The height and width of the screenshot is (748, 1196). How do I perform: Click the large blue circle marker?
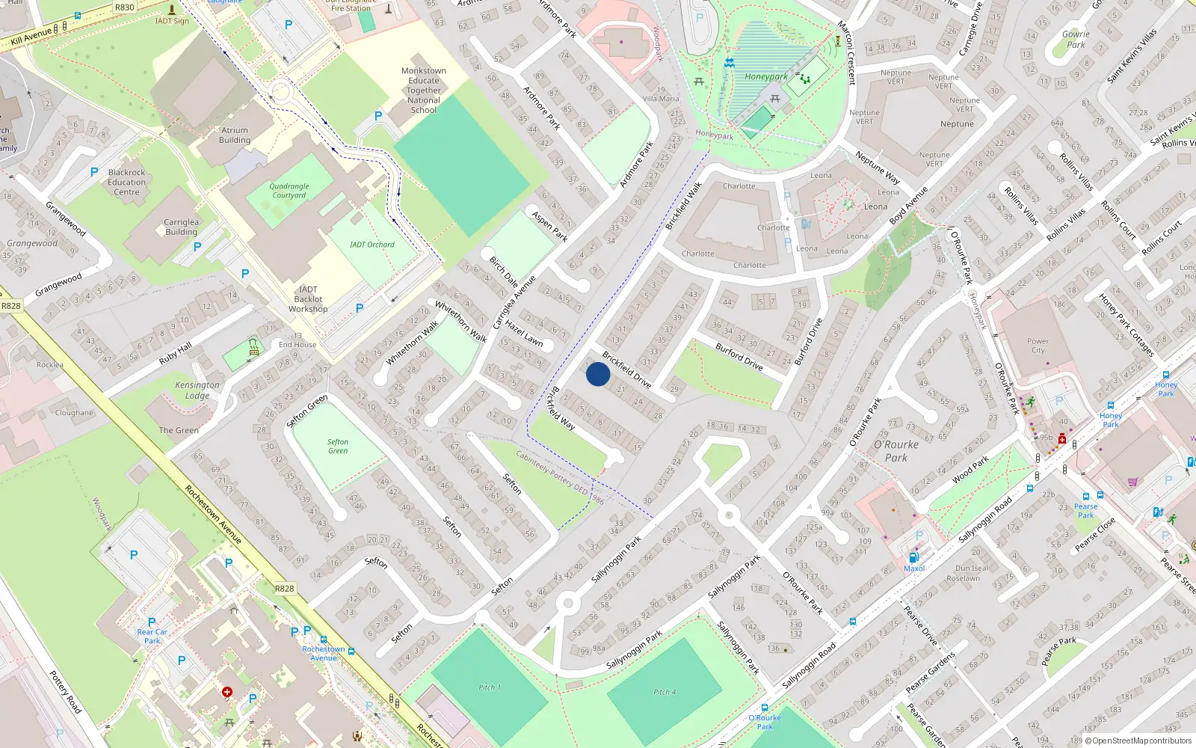coord(598,374)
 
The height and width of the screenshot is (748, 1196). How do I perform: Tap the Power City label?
coord(1038,346)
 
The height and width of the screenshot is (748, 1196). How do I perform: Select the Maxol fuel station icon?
coord(913,558)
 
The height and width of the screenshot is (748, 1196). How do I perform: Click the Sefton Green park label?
coord(337,447)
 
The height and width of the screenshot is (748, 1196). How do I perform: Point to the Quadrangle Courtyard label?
coord(289,191)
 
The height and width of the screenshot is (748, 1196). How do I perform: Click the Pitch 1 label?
coord(490,687)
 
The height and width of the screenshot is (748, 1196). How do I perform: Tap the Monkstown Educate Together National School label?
coord(424,91)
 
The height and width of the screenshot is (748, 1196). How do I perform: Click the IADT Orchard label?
coord(372,245)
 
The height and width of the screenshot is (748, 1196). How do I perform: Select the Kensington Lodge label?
coord(197,390)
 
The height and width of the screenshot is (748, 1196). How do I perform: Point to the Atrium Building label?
coord(235,135)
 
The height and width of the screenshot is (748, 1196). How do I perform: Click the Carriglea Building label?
coord(181,227)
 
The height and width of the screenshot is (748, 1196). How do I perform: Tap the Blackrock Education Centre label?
coord(127,182)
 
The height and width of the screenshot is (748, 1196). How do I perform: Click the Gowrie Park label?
coord(1076,39)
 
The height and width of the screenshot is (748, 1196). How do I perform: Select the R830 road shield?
coord(125,7)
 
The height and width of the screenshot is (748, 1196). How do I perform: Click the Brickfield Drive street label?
coord(626,370)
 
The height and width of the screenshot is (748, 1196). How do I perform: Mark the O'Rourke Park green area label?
coord(896,451)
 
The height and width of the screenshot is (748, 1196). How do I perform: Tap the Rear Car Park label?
coord(152,636)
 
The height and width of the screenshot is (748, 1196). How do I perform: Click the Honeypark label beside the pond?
coord(765,76)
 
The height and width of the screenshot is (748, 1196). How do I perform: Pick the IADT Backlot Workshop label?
coord(308,299)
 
